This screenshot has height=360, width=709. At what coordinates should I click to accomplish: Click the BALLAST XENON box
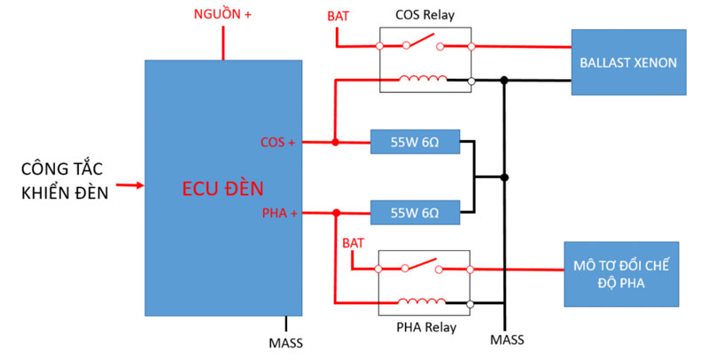click(628, 63)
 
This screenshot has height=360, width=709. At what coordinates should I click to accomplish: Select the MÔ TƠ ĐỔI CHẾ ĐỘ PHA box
click(621, 274)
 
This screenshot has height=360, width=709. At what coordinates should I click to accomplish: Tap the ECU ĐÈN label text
click(222, 188)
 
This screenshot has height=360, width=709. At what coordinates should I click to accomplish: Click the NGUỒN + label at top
click(222, 15)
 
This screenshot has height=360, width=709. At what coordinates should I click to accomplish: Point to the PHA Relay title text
click(425, 327)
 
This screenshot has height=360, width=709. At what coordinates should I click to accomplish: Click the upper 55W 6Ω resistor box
click(415, 141)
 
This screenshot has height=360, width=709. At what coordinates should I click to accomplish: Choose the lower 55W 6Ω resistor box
click(415, 213)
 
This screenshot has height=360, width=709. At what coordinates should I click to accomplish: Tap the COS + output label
click(278, 142)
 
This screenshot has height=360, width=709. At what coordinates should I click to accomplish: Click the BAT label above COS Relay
click(338, 15)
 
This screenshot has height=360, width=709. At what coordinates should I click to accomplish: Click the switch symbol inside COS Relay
click(424, 43)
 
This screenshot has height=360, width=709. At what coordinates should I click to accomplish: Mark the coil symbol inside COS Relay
click(424, 80)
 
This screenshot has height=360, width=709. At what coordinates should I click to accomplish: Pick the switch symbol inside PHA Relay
click(424, 266)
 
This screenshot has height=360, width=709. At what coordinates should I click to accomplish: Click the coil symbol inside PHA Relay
click(424, 301)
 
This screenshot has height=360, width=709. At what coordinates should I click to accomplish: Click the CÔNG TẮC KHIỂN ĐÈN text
click(63, 179)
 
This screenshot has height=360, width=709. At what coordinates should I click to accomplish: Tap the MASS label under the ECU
click(285, 341)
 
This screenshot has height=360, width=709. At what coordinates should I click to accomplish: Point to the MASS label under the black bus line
click(506, 340)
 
